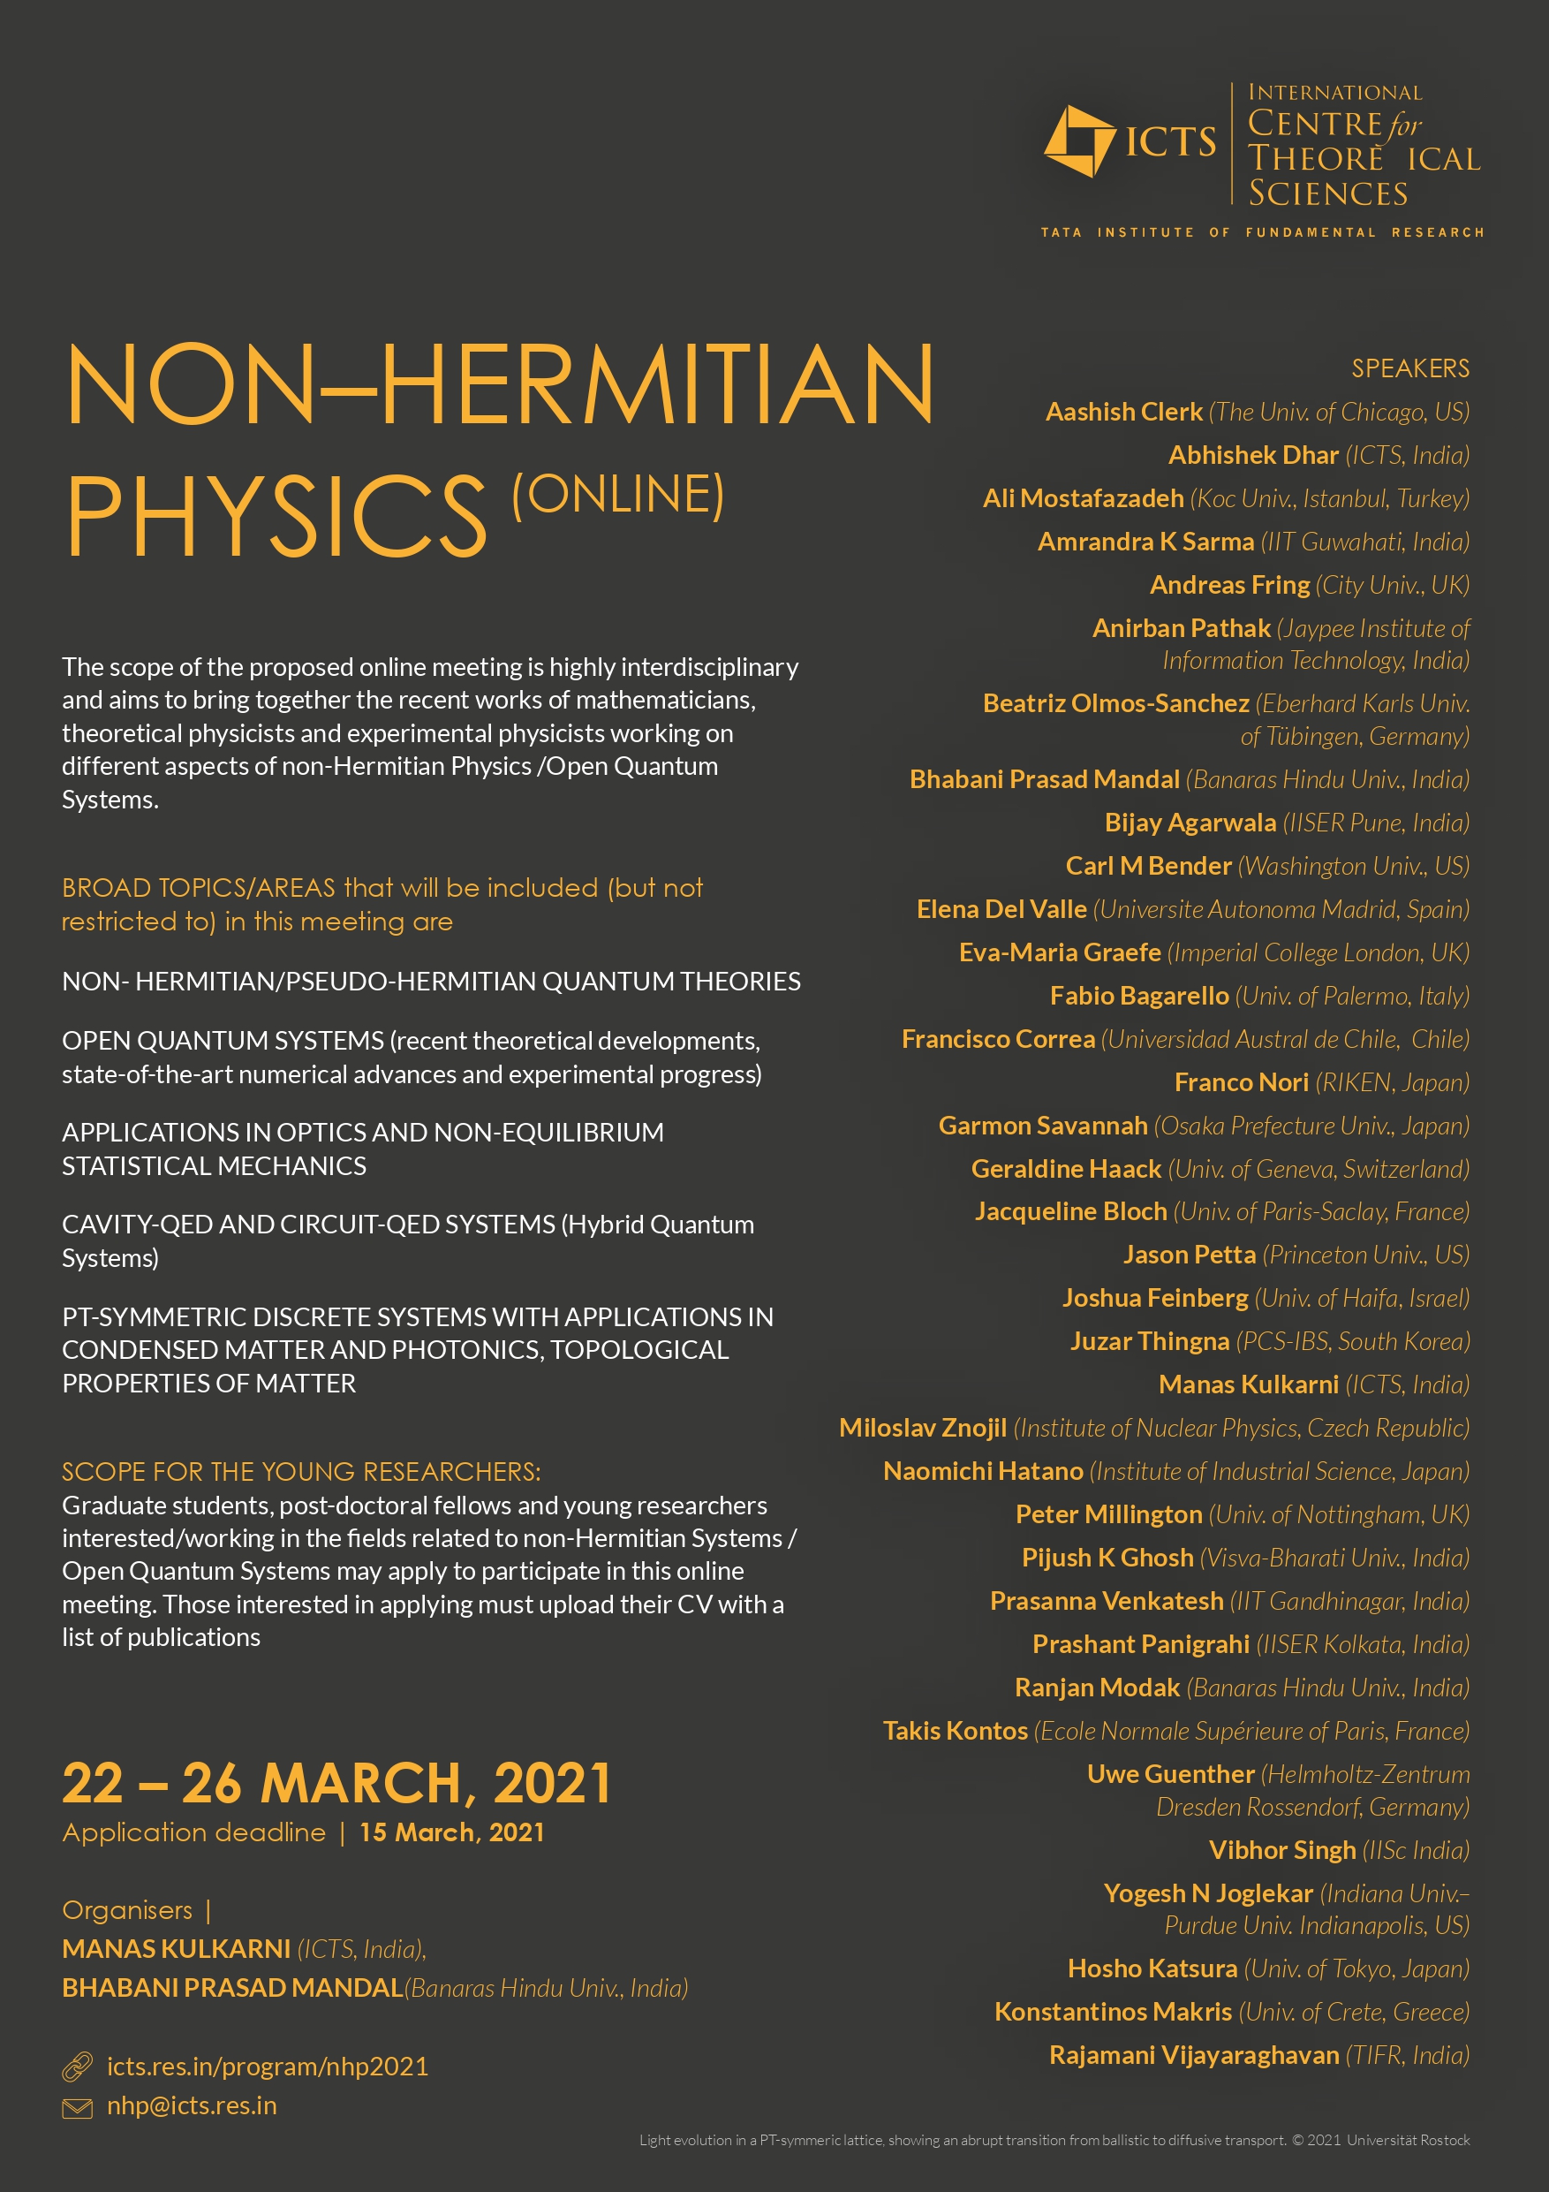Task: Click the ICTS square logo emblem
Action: (x=1078, y=141)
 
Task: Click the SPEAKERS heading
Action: (x=1409, y=368)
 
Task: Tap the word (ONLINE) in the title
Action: (x=617, y=495)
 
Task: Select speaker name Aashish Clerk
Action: (x=1123, y=413)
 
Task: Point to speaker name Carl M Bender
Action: (x=1148, y=866)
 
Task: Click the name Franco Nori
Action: (x=1241, y=1082)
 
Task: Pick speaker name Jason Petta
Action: (x=1190, y=1255)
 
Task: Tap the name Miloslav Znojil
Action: (x=922, y=1429)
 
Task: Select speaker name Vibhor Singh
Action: (x=1281, y=1850)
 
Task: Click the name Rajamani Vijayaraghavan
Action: (x=1194, y=2054)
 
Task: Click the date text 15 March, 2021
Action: (x=451, y=1832)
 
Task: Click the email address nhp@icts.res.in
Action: (x=192, y=2106)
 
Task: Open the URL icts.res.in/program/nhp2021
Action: (x=268, y=2067)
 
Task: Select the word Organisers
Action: (x=127, y=1910)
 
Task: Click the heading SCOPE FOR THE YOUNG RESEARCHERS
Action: (x=300, y=1472)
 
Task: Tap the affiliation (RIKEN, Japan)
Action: (x=1392, y=1082)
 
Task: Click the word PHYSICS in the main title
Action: (x=276, y=516)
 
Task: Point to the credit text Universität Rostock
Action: (x=1408, y=2141)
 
